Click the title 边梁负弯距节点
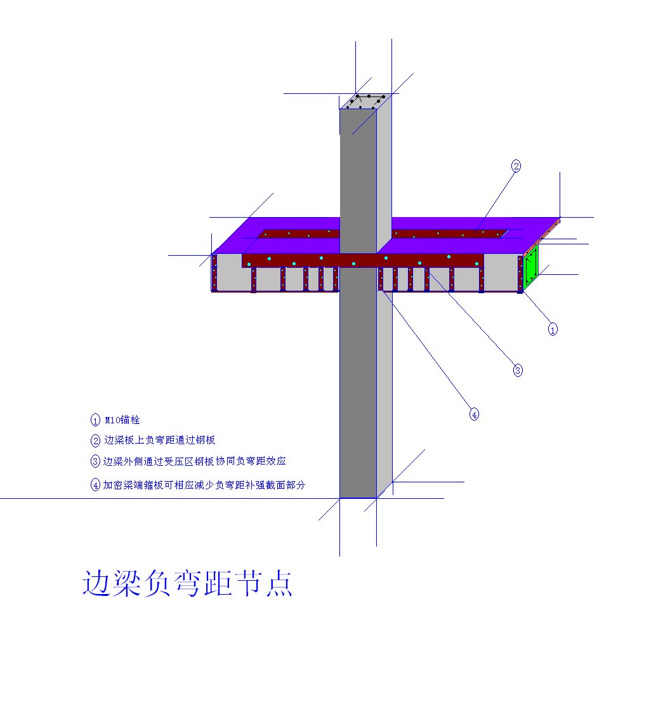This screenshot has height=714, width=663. [187, 583]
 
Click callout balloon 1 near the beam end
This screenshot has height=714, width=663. [553, 329]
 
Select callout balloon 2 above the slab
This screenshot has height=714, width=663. [516, 166]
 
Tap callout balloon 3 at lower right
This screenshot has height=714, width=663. [518, 370]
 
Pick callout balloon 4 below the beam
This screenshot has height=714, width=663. [474, 414]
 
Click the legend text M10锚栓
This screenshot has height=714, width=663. [122, 420]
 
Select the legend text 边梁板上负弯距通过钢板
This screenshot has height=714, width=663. [159, 440]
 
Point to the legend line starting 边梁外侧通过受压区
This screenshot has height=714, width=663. [194, 461]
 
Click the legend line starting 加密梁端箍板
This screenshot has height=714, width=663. [204, 485]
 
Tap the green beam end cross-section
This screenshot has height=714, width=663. [530, 268]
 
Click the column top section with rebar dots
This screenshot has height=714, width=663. [365, 102]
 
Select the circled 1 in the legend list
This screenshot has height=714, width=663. [95, 420]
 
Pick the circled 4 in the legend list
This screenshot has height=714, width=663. [95, 485]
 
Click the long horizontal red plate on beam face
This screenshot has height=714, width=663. [362, 260]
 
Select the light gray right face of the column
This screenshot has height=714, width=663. [384, 296]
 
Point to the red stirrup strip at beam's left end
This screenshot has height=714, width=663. [214, 272]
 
